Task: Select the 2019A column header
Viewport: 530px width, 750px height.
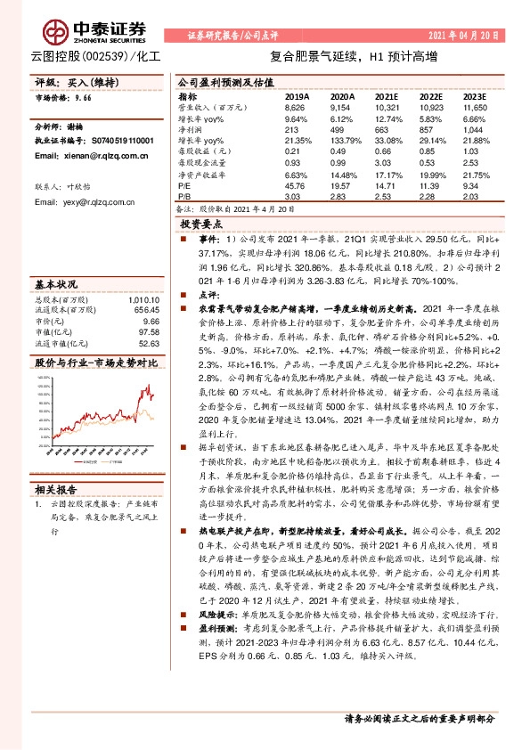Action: pos(297,95)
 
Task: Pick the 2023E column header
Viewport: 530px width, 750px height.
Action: pos(477,95)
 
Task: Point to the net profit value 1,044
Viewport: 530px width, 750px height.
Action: pos(476,129)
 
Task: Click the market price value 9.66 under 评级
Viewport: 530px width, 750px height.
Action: pos(82,99)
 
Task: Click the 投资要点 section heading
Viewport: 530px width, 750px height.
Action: pos(200,224)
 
